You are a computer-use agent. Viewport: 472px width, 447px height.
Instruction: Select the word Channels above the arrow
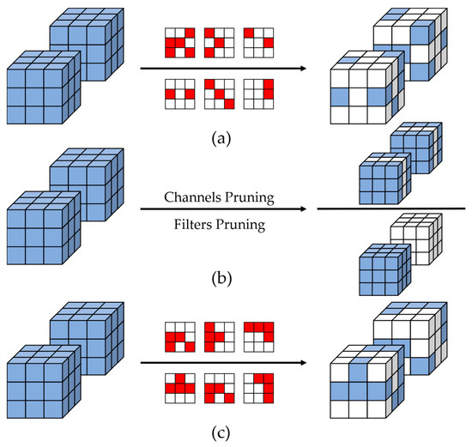[191, 196]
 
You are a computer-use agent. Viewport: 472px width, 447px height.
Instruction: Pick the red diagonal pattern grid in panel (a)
[219, 93]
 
